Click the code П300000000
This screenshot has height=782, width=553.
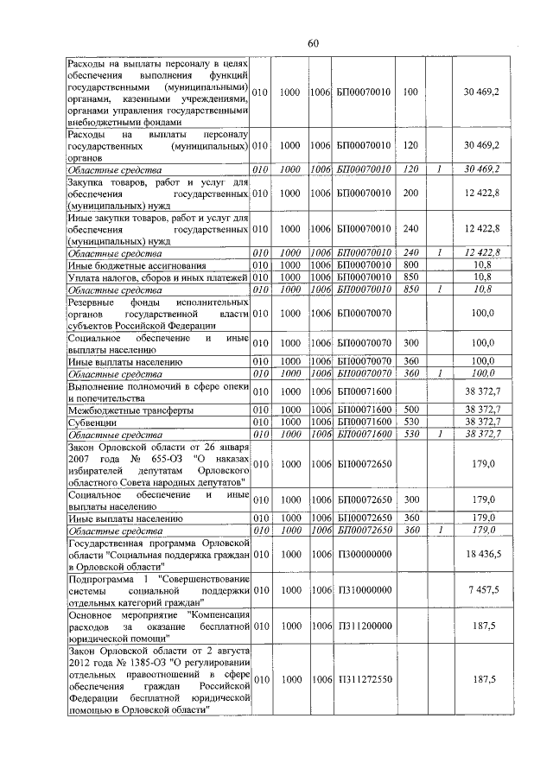point(364,551)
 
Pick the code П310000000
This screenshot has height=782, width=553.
point(364,588)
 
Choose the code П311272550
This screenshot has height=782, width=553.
point(364,679)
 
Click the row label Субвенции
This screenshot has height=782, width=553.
point(90,423)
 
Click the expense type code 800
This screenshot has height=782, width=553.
point(411,264)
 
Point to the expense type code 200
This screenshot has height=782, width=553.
point(411,195)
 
